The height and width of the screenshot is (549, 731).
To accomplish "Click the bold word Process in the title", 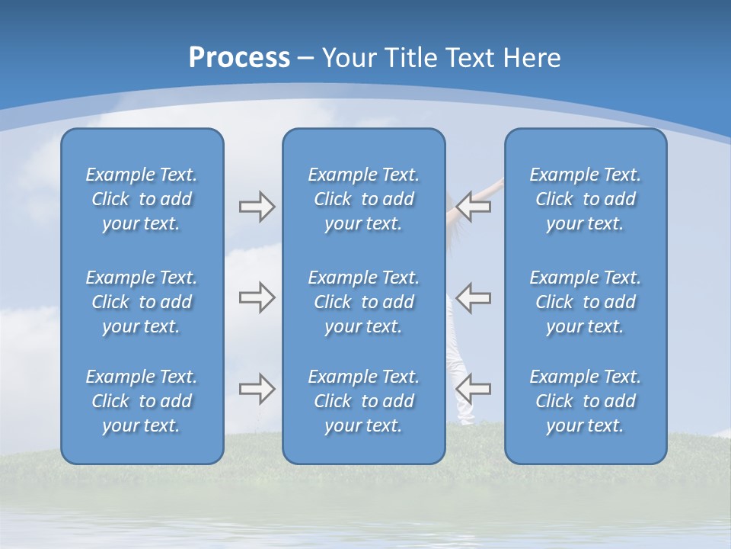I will pyautogui.click(x=239, y=58).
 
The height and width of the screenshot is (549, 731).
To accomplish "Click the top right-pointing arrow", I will pyautogui.click(x=257, y=207).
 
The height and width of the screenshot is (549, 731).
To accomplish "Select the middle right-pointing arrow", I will pyautogui.click(x=257, y=297).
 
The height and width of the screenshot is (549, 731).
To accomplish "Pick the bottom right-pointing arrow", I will pyautogui.click(x=257, y=388).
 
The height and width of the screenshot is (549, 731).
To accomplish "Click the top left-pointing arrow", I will pyautogui.click(x=474, y=207).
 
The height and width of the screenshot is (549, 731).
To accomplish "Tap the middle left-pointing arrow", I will pyautogui.click(x=474, y=297).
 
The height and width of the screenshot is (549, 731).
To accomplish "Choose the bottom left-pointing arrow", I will pyautogui.click(x=474, y=388).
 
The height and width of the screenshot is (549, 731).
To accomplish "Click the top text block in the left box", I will pyautogui.click(x=142, y=199).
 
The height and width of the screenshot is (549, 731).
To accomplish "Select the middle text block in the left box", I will pyautogui.click(x=142, y=302).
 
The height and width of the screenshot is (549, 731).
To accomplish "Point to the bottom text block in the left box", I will pyautogui.click(x=142, y=401).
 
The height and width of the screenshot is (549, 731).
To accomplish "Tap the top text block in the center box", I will pyautogui.click(x=363, y=199).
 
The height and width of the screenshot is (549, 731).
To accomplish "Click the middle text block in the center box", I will pyautogui.click(x=363, y=302).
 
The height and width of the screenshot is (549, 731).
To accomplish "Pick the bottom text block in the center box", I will pyautogui.click(x=363, y=401).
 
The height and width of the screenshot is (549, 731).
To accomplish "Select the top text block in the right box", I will pyautogui.click(x=585, y=199).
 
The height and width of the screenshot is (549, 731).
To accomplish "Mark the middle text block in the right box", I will pyautogui.click(x=585, y=302).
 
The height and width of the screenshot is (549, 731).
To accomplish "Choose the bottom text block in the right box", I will pyautogui.click(x=585, y=401).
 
